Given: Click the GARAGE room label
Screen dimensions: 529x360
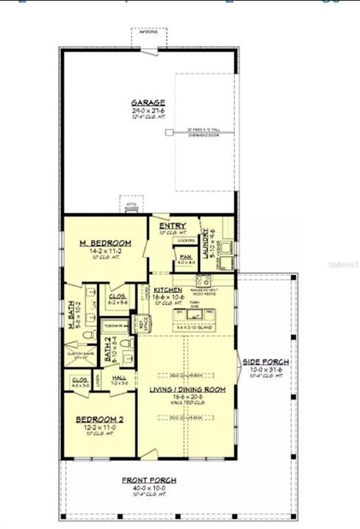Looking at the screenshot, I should [148, 103].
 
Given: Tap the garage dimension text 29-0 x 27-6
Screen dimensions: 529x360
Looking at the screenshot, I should [148, 111].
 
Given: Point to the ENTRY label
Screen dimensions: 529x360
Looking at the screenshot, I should [172, 226].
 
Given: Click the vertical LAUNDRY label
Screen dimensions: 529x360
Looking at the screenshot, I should [205, 238].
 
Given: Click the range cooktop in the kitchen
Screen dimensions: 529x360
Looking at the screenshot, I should [203, 280].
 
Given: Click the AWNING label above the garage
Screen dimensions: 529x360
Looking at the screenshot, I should [148, 32].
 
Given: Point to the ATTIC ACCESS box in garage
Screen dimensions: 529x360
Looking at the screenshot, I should [132, 206].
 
